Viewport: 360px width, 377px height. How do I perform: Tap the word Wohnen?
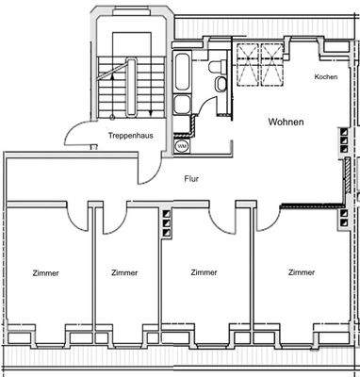286,123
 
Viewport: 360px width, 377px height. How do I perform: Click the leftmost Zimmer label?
44,272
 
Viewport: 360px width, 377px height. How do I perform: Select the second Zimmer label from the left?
123,272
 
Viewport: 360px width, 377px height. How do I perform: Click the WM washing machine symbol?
181,147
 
